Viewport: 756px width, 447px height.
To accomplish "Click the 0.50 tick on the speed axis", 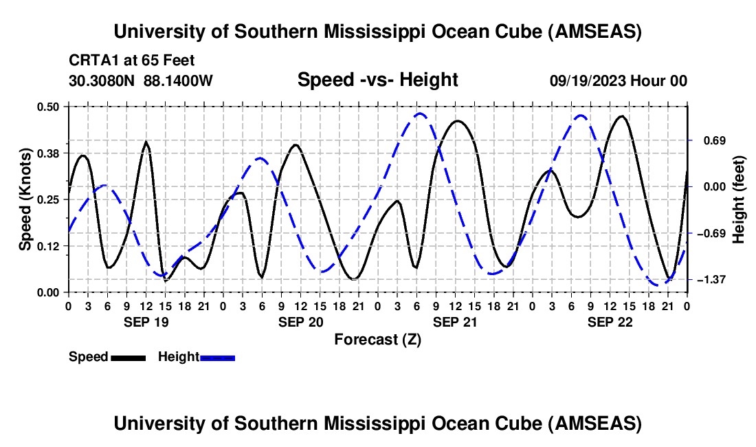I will click(52, 106).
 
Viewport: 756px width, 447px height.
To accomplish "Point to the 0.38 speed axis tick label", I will click(52, 152).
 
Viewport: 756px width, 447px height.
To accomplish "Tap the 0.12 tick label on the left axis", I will click(52, 246).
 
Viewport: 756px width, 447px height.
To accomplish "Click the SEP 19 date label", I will click(145, 322).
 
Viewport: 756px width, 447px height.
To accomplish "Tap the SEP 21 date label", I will click(454, 322).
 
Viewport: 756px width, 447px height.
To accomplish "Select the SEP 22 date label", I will click(609, 322).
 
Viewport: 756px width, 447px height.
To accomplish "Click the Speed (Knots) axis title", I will click(25, 199).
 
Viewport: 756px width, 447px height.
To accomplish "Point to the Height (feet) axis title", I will click(739, 199).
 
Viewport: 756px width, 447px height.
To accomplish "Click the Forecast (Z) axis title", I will click(377, 339).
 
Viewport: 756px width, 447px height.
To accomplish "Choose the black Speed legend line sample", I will click(128, 357).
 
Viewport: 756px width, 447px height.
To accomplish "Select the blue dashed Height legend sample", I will click(217, 357).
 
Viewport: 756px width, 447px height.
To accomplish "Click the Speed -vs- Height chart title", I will click(377, 80).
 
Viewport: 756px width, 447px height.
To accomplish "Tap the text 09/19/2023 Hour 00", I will click(618, 80).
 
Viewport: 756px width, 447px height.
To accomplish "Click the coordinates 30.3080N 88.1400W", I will click(141, 80).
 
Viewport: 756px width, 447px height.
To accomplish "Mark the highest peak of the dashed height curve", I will click(419, 114).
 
